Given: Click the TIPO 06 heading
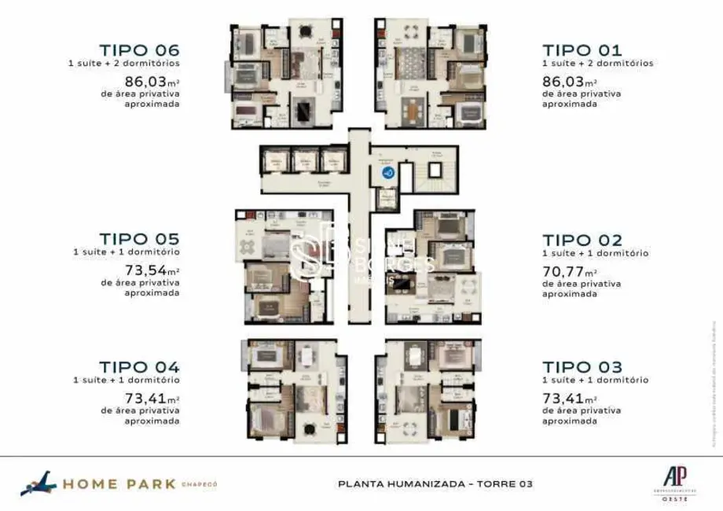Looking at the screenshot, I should tap(139, 50).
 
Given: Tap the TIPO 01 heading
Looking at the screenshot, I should tap(582, 50).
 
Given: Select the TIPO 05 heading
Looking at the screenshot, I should tap(139, 238).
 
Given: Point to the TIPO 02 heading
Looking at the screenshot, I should tap(582, 240).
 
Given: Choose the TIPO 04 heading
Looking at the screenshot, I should tap(139, 366).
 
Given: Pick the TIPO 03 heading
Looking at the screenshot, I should tap(582, 367).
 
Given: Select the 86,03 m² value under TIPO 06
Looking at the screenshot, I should tap(152, 81).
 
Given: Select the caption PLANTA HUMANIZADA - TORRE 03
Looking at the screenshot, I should tap(435, 483).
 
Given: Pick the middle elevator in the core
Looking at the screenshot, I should tap(305, 161).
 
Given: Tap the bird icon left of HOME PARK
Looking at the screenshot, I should tap(38, 483).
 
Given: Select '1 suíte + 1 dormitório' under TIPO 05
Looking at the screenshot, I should tap(127, 252).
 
